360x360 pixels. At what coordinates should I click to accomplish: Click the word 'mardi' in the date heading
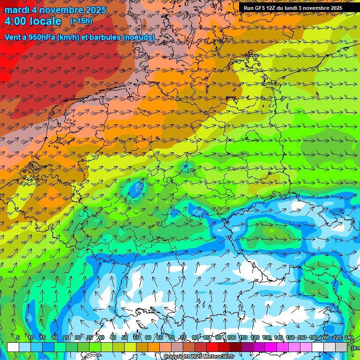[17, 10]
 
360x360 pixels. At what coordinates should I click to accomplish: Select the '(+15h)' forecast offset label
[81, 21]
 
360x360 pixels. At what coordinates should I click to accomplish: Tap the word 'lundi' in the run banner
[299, 8]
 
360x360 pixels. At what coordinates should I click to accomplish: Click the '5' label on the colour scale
[18, 337]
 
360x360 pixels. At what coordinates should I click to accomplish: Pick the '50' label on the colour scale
[125, 337]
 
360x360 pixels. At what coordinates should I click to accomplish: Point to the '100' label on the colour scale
[232, 337]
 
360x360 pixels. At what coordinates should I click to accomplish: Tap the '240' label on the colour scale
[349, 337]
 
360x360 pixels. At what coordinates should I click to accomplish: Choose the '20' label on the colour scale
[54, 337]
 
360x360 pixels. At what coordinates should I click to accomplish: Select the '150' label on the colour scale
[290, 337]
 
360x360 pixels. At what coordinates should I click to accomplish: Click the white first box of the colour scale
[13, 347]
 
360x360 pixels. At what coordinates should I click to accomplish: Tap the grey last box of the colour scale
[341, 347]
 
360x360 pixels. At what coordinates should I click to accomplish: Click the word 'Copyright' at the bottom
[177, 357]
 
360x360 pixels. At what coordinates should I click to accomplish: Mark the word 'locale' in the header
[45, 21]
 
